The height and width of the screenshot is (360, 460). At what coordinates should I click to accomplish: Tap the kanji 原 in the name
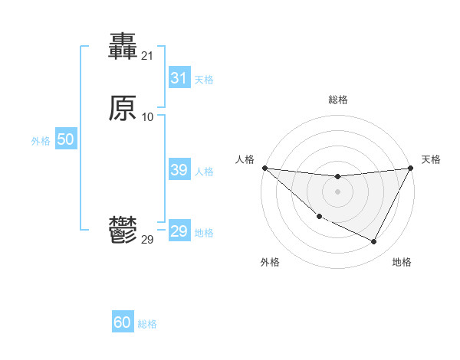(x=123, y=109)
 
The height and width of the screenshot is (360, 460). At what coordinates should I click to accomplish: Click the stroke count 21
(x=147, y=55)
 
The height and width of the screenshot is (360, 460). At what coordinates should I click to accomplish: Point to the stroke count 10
(x=147, y=116)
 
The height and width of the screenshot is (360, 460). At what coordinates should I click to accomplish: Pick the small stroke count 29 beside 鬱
(x=147, y=240)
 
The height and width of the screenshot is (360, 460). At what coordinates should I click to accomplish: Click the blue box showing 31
(x=179, y=78)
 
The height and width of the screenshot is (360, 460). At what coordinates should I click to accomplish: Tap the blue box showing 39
(x=179, y=170)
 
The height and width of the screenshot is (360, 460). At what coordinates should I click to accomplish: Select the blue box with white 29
(x=179, y=231)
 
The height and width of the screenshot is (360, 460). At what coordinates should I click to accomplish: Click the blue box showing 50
(x=65, y=139)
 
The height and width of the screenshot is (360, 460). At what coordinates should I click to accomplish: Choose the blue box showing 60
(x=123, y=322)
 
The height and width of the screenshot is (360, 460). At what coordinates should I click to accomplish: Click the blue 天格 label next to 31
(x=204, y=80)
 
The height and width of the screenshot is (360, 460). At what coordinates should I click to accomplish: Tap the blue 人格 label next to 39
(x=204, y=172)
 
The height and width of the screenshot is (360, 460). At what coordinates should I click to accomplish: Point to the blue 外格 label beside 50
(x=41, y=141)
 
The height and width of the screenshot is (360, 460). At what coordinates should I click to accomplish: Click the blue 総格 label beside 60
(x=147, y=324)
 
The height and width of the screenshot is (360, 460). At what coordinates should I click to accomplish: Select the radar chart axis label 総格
(x=337, y=100)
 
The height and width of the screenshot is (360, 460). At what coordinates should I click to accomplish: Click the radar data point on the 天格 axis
(x=411, y=168)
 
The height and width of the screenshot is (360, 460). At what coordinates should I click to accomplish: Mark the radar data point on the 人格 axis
(x=264, y=168)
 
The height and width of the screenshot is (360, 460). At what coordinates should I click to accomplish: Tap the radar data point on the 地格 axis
(x=374, y=242)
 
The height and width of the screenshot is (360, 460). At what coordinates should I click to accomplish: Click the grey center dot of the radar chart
(x=337, y=191)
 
